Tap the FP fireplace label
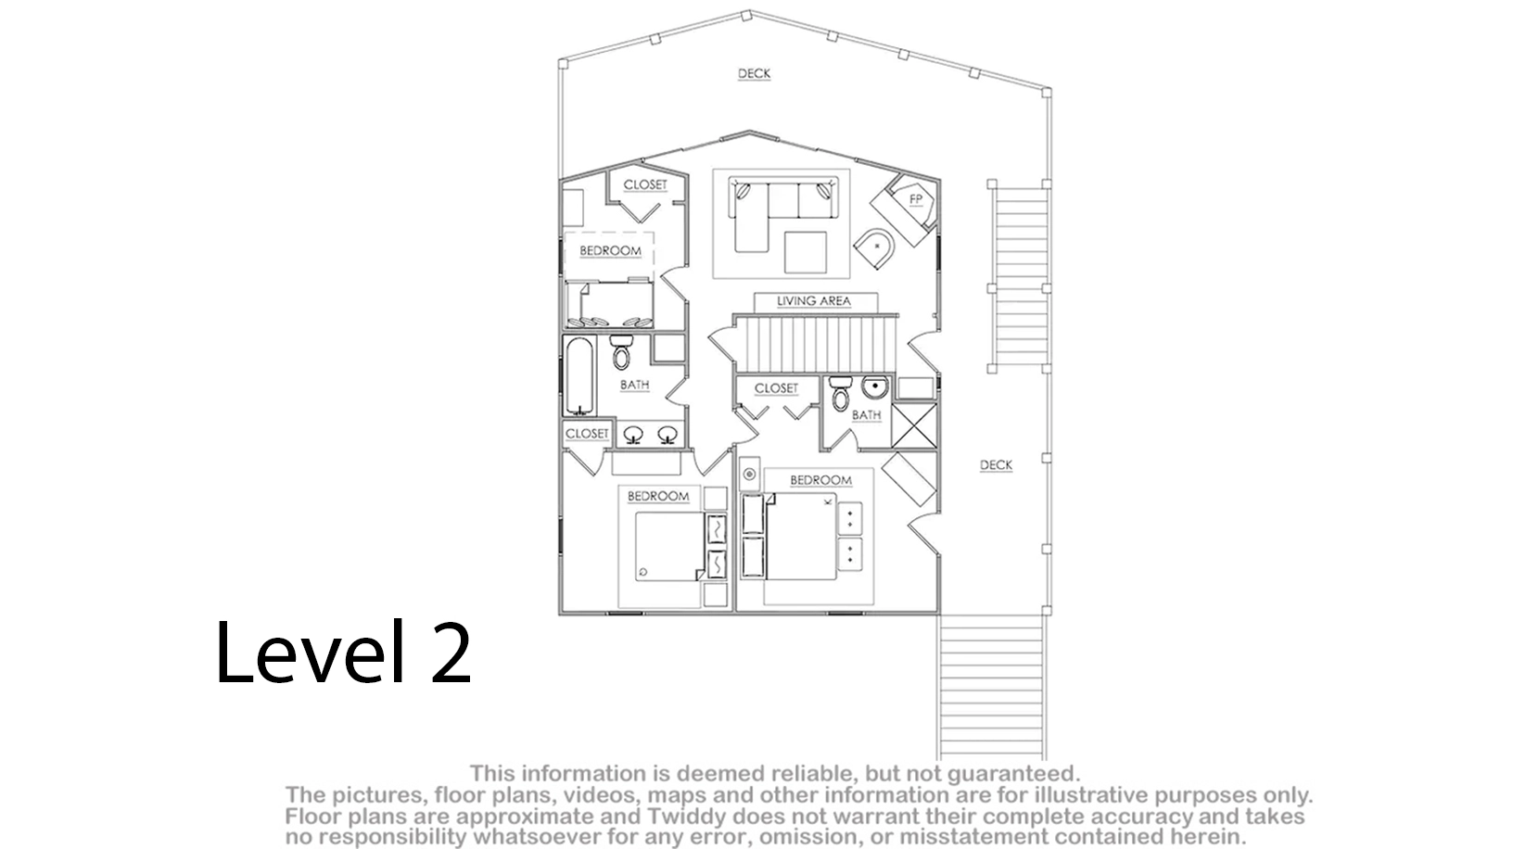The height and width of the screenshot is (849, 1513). coord(916,198)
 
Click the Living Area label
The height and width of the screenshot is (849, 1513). coord(814,301)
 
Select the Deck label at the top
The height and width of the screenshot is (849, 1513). coord(754,73)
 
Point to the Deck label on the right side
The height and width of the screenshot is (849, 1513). coord(996,464)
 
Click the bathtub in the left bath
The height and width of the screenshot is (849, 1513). coord(579,375)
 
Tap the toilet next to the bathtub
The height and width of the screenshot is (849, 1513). coord(621,352)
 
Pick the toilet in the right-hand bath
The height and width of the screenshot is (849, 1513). coord(840,393)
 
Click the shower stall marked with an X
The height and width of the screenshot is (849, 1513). coord(914,425)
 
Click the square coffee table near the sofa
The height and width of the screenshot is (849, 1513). coord(805,252)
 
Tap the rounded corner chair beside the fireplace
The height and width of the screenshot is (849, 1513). coord(875,247)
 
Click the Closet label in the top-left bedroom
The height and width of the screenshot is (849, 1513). coord(645,184)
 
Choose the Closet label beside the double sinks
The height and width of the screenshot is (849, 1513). coord(587,434)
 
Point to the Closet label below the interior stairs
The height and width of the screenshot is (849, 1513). coord(776,388)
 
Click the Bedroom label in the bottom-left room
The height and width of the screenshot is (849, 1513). coord(658,497)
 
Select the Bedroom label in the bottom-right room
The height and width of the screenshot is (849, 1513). coord(820,480)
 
